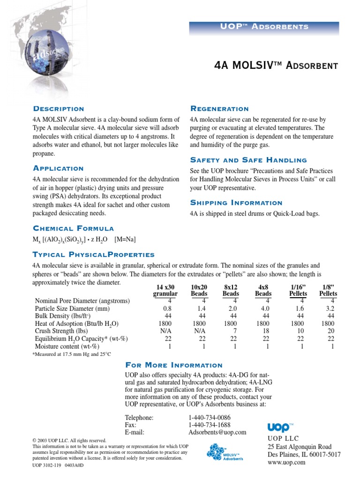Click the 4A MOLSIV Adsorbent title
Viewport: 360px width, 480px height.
[x=275, y=65]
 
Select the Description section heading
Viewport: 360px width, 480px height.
[x=59, y=109]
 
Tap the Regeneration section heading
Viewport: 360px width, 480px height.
[x=219, y=109]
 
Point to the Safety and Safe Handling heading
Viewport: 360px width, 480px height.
[x=248, y=160]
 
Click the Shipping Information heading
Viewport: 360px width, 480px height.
[x=236, y=202]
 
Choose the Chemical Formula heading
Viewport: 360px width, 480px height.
[x=73, y=228]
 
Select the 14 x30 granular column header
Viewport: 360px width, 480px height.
[x=165, y=290]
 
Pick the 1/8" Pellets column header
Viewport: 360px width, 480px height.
[x=328, y=290]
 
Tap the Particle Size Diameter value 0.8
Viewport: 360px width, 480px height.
[x=167, y=308]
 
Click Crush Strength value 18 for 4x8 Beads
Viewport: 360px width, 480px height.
[x=265, y=331]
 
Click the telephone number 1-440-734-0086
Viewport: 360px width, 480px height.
[x=210, y=417]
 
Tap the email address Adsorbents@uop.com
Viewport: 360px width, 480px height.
[x=217, y=432]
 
